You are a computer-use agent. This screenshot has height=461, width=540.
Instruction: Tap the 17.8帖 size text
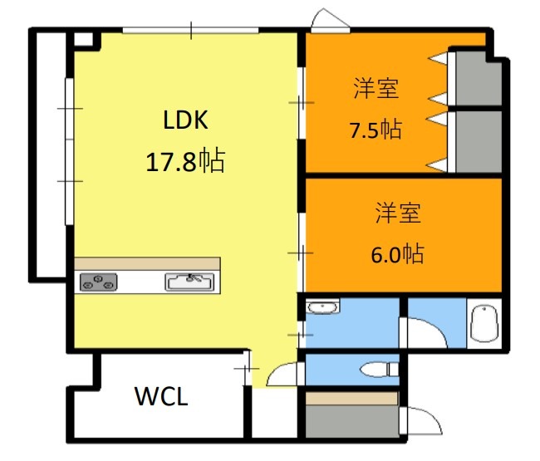click(185, 161)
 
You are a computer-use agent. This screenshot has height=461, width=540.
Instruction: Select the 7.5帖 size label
click(376, 130)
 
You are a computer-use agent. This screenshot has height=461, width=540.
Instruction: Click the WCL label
click(161, 396)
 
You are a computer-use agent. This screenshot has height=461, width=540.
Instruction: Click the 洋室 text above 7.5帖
click(376, 89)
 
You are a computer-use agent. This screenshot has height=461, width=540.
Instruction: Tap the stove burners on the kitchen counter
click(98, 282)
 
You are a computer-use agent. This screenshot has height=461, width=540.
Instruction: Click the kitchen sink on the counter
click(193, 282)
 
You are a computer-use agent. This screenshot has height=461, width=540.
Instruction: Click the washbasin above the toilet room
click(322, 308)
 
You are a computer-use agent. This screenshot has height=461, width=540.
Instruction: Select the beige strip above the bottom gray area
click(351, 398)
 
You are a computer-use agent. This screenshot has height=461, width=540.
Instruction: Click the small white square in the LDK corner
click(83, 38)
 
